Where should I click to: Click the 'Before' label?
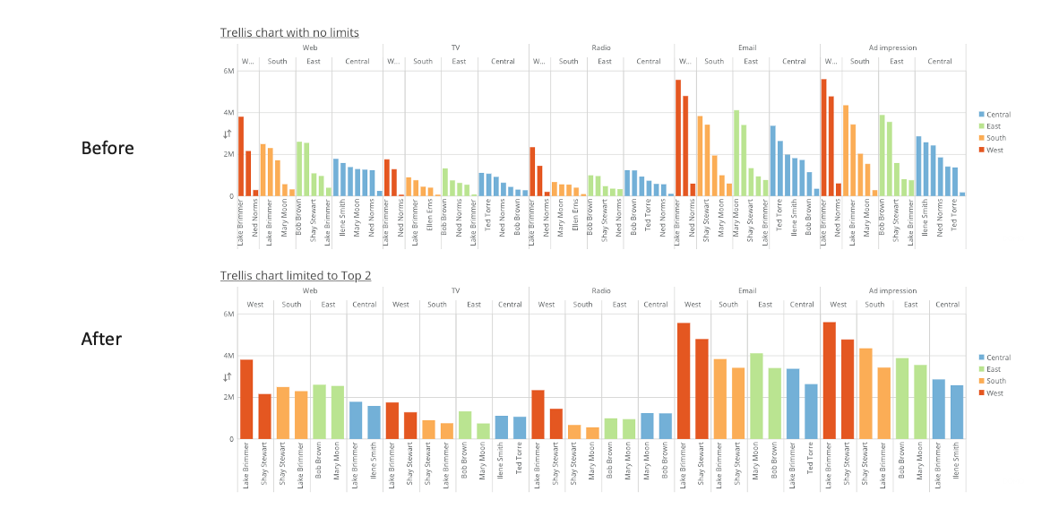pyautogui.click(x=108, y=148)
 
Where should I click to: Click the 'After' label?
pyautogui.click(x=101, y=339)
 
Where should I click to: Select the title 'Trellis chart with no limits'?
pyautogui.click(x=289, y=33)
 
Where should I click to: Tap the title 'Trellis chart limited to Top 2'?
pyautogui.click(x=296, y=276)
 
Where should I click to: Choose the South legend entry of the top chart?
pyautogui.click(x=994, y=138)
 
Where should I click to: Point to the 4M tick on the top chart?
pyautogui.click(x=228, y=113)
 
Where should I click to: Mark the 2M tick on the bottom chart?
pyautogui.click(x=228, y=397)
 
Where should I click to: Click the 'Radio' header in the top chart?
pyautogui.click(x=601, y=47)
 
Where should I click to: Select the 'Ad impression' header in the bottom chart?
pyautogui.click(x=892, y=290)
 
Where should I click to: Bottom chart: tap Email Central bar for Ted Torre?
pyautogui.click(x=811, y=411)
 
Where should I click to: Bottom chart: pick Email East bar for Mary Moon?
pyautogui.click(x=756, y=395)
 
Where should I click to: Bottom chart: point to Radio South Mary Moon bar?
pyautogui.click(x=592, y=433)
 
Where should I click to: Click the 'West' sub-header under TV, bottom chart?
pyautogui.click(x=401, y=305)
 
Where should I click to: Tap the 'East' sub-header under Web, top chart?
pyautogui.click(x=314, y=62)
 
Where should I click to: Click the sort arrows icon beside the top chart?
pyautogui.click(x=228, y=134)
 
